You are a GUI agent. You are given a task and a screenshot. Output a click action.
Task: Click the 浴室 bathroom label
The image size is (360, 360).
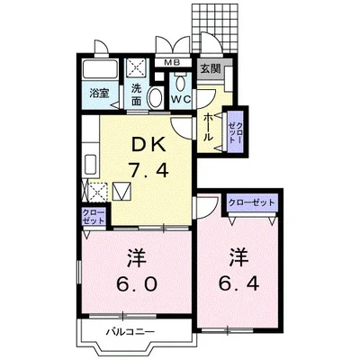(x=99, y=92)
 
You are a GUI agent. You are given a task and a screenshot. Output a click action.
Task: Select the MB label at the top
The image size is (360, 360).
(x=172, y=63)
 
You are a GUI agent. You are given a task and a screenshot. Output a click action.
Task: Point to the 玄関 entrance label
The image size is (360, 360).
(x=209, y=68)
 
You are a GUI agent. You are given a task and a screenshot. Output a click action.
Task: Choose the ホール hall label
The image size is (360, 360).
(x=209, y=126)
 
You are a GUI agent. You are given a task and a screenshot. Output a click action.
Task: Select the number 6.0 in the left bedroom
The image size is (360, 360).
(x=137, y=284)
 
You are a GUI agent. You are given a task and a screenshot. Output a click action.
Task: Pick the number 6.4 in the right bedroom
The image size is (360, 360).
(x=238, y=280)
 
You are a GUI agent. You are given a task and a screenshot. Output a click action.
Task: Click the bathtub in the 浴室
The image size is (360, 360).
(x=99, y=71)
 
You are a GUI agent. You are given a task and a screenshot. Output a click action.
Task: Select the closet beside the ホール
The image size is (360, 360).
(x=237, y=128)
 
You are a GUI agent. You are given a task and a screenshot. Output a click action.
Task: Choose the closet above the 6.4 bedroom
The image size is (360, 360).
(x=253, y=203)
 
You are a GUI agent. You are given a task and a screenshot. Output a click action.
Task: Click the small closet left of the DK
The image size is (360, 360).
(x=93, y=216)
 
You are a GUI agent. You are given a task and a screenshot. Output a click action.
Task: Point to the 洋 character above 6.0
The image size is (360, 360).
(x=135, y=258)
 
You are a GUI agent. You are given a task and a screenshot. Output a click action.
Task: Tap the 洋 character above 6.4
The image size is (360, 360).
(x=238, y=255)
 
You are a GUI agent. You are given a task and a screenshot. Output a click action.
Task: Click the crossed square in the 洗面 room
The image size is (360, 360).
(x=137, y=69)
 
